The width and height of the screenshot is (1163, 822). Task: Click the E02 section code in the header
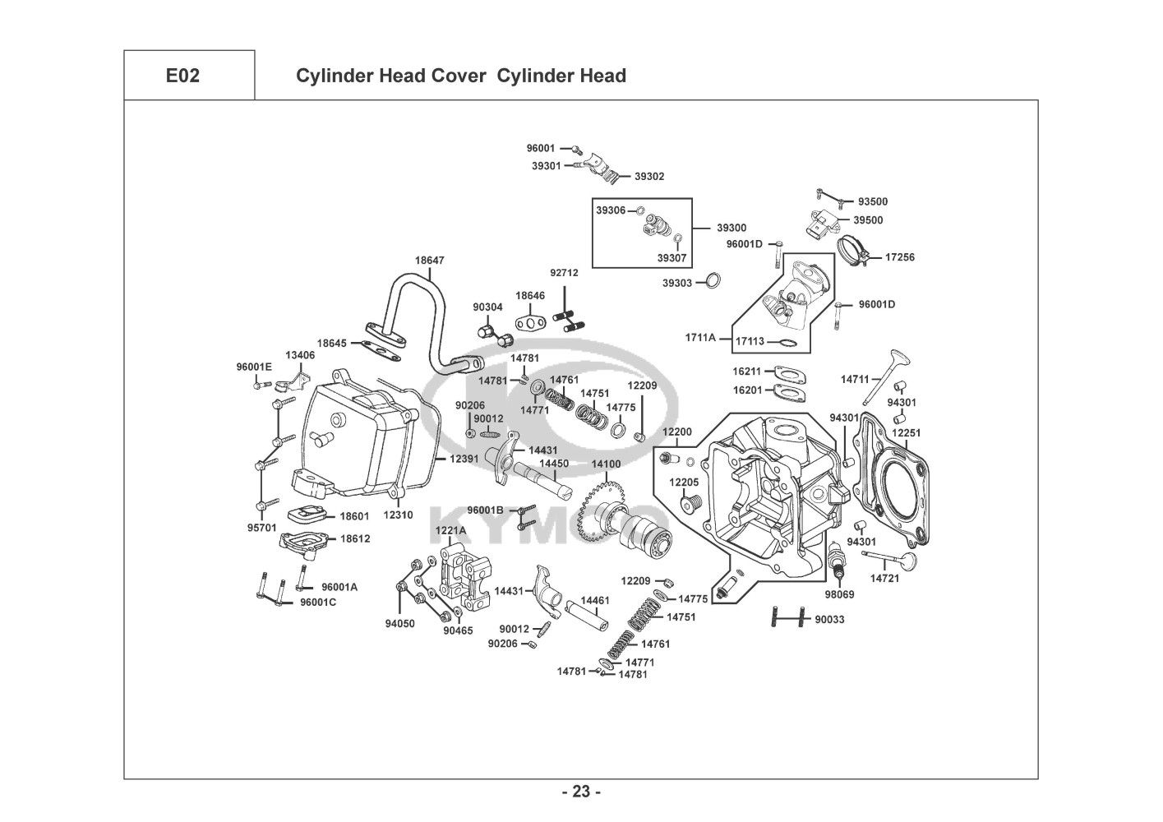(182, 76)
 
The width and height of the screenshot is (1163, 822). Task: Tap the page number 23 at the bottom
(581, 792)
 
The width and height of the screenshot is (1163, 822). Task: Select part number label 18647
(429, 261)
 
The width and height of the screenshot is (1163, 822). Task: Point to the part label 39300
(731, 228)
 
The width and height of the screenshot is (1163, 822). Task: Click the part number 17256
(899, 257)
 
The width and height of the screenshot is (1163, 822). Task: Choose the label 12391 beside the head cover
(464, 458)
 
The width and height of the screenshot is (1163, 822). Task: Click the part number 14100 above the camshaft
(606, 464)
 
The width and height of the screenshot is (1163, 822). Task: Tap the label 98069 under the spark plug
(838, 594)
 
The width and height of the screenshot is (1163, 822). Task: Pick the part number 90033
(829, 619)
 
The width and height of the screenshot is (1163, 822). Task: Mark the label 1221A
(450, 530)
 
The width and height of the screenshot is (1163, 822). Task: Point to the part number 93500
(873, 201)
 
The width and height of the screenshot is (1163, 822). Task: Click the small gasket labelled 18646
(531, 321)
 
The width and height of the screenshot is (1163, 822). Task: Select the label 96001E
(254, 367)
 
